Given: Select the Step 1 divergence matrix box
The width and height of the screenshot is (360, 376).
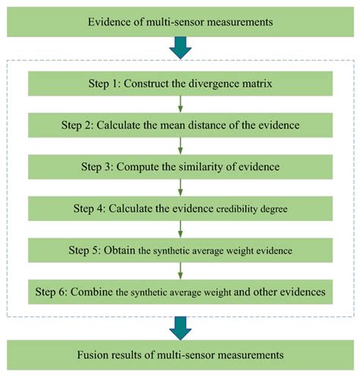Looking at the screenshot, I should pos(180,82).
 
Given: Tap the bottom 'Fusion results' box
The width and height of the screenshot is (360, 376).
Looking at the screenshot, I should pos(180,355).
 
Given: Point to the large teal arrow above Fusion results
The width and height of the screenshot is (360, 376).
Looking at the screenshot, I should pos(180,325).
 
